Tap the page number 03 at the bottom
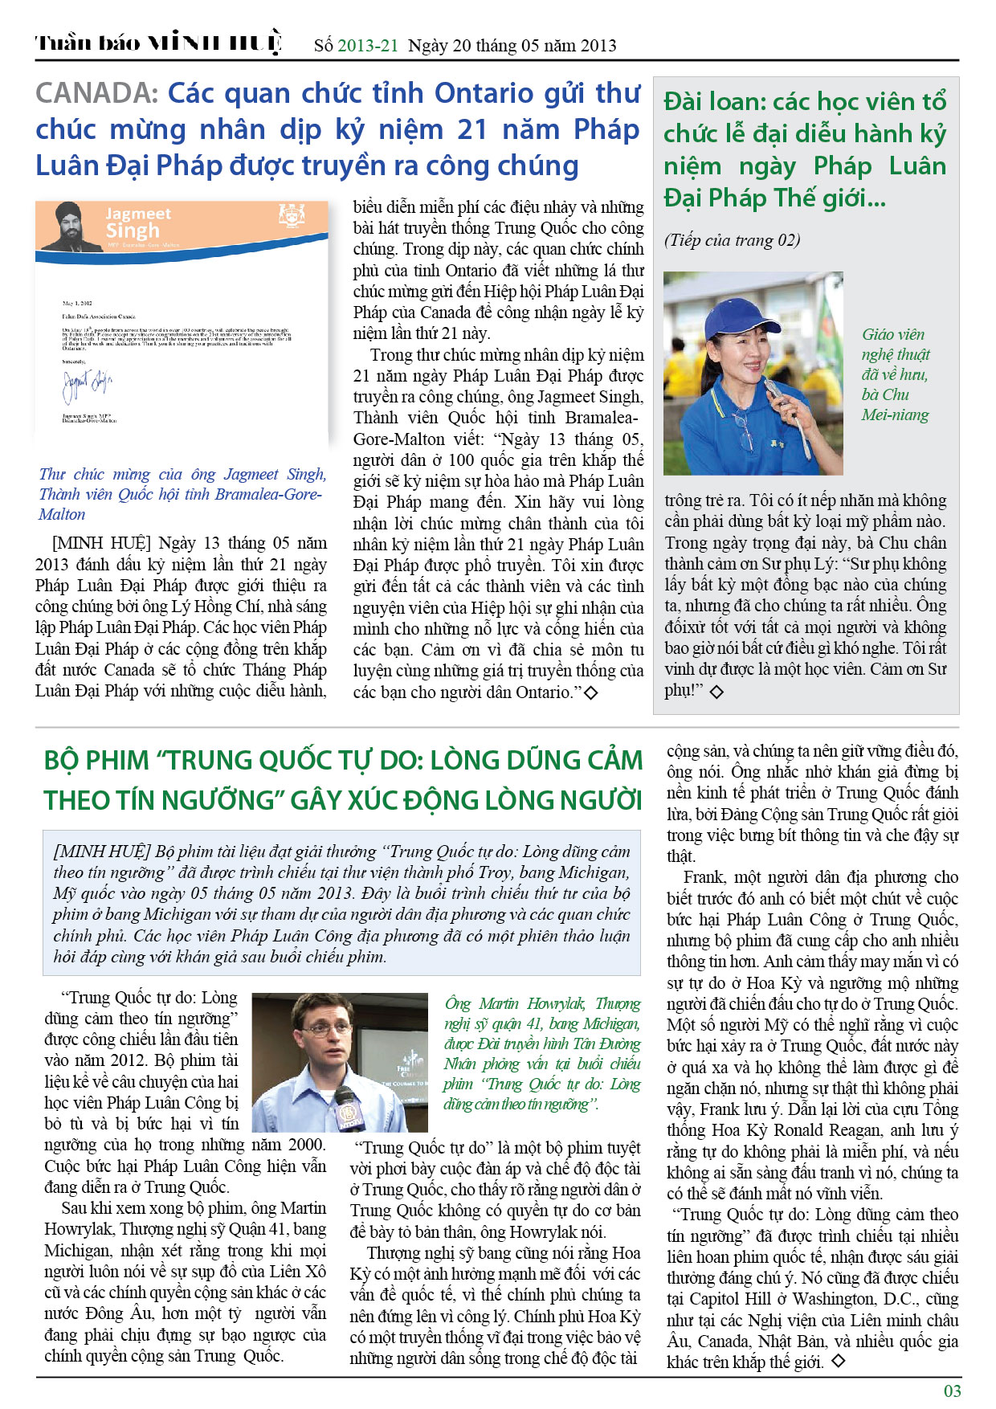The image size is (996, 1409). coord(952,1391)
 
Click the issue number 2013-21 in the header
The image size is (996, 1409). coord(367,46)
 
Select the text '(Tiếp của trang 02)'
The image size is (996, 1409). coord(732,240)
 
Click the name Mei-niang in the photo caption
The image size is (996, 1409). coord(895,415)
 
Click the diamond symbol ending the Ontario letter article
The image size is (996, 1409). coord(590,692)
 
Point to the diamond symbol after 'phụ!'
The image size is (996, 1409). coord(716,691)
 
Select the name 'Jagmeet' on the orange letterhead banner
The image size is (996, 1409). coord(138,214)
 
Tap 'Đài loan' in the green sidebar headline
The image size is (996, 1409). coord(712,102)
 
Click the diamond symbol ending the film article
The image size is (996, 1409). coord(838,1361)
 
